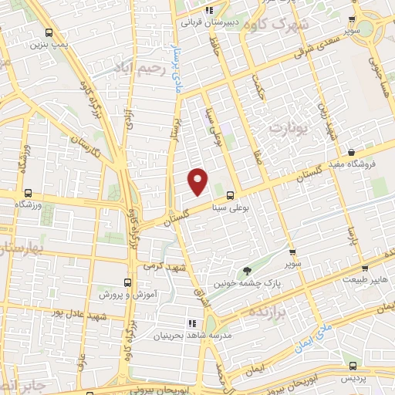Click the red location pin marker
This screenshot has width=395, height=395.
[x=199, y=181]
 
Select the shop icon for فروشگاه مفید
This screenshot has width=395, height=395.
[x=352, y=153]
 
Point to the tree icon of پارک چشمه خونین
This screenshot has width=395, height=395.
[x=247, y=270]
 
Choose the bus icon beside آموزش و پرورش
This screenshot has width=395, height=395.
[x=128, y=282]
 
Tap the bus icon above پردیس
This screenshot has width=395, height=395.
[x=353, y=366]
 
